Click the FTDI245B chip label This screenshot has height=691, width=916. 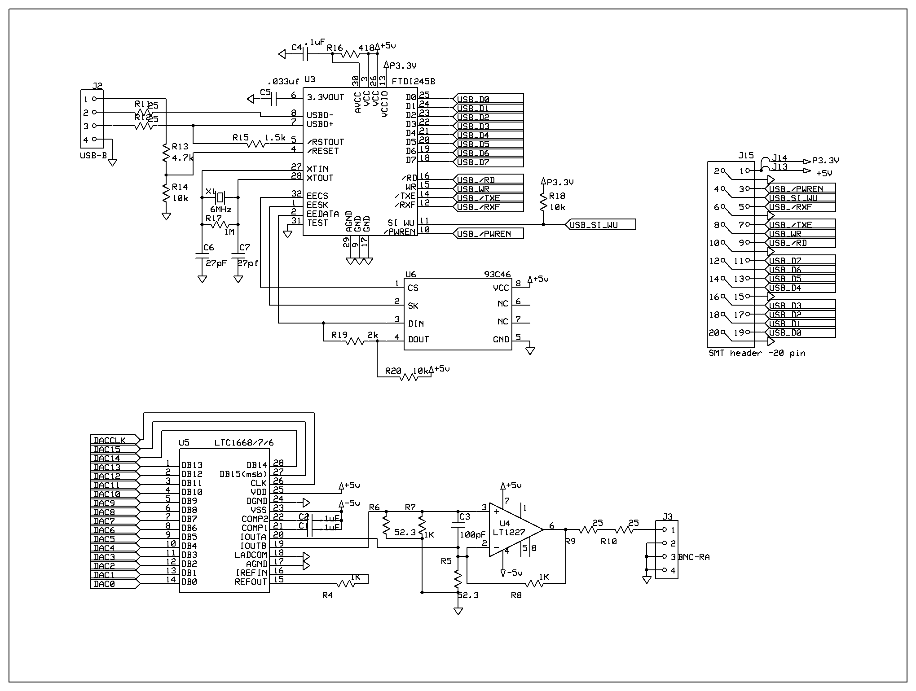click(x=413, y=82)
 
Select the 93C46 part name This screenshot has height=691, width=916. click(x=497, y=274)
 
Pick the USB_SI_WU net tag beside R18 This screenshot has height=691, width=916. click(x=599, y=225)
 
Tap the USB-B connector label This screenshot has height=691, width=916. click(x=93, y=156)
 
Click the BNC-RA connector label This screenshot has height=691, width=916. click(x=694, y=557)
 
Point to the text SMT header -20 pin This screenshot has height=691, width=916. click(x=757, y=353)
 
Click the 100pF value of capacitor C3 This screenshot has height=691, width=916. click(x=473, y=535)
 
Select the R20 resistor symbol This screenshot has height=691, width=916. click(x=408, y=377)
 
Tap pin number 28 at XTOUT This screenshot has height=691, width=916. click(x=296, y=175)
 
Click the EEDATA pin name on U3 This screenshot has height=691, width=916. click(x=323, y=214)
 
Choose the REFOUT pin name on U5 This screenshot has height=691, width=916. click(x=251, y=582)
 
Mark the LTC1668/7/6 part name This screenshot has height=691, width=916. click(x=244, y=443)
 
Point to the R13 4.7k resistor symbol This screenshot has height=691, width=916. click(x=166, y=153)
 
